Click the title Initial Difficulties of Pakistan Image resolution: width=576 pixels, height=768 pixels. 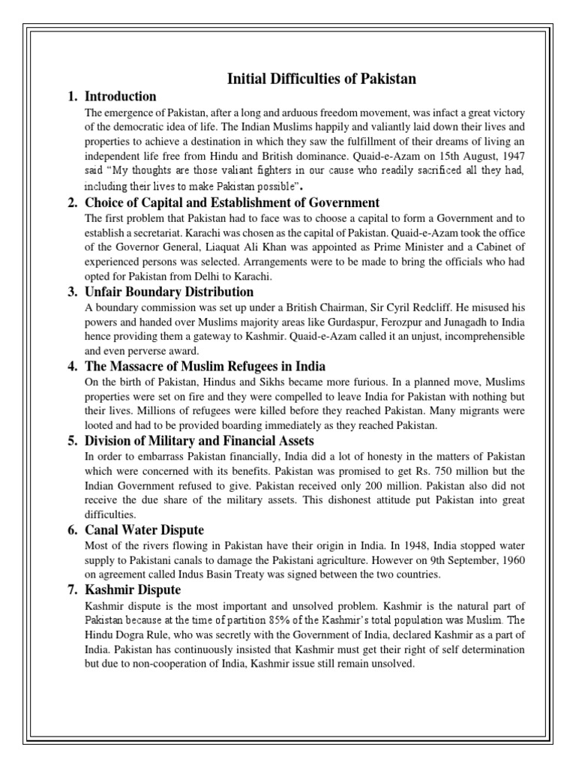[x=322, y=79]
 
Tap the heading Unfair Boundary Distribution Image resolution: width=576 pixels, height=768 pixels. [x=169, y=292]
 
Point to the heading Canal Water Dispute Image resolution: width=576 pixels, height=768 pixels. [x=144, y=530]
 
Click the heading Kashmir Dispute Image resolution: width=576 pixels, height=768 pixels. [x=128, y=590]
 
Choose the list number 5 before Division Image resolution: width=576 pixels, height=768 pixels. [x=72, y=441]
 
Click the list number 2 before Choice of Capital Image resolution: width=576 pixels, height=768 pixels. [x=72, y=202]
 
